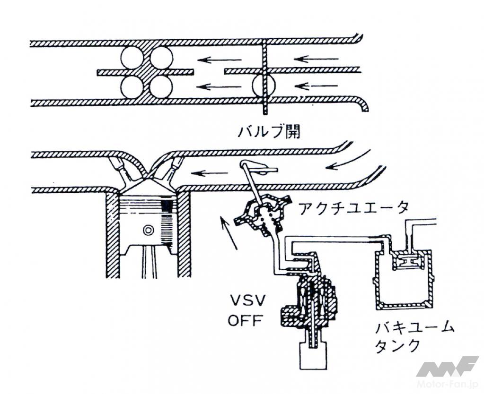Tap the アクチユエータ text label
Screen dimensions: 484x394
click(352, 209)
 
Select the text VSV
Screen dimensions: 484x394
click(246, 301)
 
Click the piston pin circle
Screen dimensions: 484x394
click(149, 230)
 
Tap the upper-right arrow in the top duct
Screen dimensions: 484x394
click(317, 58)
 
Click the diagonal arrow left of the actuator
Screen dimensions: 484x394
click(228, 232)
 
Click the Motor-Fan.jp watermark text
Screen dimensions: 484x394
click(448, 384)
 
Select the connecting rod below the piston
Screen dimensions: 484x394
click(150, 262)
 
